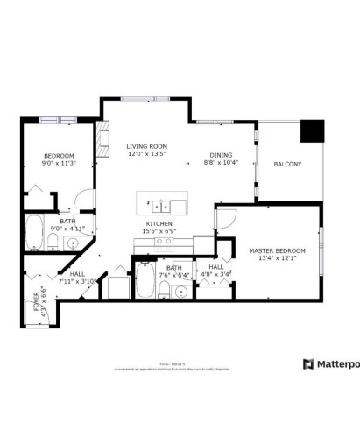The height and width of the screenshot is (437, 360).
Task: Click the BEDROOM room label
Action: pos(60,156)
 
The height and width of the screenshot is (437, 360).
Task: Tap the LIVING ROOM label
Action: pos(147,147)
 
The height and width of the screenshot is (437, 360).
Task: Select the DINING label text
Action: pos(221,155)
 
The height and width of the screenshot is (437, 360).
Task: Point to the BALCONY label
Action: pos(287,164)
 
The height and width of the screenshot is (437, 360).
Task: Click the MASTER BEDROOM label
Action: pos(273,250)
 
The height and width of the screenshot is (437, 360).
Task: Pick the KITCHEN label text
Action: pos(159,224)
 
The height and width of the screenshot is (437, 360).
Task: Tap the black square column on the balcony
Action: pos(312,130)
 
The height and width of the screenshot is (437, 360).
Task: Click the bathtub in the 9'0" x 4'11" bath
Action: pos(34,232)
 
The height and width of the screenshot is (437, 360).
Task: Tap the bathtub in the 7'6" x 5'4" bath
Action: pos(145,285)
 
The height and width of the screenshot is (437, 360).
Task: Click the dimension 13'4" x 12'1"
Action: pos(273,258)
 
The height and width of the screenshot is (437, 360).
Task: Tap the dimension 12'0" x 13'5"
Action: pos(147,155)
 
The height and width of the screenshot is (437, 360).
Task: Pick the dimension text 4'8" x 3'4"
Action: pos(215,274)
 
